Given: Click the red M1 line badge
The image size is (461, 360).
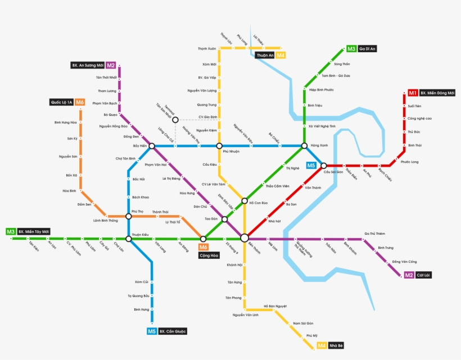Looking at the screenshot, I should tap(413, 93).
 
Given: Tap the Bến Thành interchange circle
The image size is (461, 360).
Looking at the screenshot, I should tap(244, 238).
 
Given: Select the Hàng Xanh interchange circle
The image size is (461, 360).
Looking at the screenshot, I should tap(304, 145).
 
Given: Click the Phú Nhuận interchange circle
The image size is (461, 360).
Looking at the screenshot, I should tap(219, 146).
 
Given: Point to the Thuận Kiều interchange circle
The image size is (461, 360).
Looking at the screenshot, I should tap(129, 239).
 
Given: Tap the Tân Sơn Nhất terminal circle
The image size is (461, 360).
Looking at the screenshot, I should tap(175, 120).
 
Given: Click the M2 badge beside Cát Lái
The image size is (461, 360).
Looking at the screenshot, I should tap(409, 275).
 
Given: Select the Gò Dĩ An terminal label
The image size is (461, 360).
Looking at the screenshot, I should tap(368, 49).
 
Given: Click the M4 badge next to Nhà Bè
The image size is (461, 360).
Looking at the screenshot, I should tap(322, 345).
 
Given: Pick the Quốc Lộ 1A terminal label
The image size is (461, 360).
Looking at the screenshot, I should tap(61, 102).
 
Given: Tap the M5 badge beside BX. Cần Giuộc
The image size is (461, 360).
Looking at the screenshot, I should tap(152, 331).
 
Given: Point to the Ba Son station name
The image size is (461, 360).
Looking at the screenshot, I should tap(291, 204).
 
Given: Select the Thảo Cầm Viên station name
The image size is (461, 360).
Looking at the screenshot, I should tap(277, 186).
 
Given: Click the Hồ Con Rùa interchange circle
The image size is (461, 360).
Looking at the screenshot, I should tap(245, 200).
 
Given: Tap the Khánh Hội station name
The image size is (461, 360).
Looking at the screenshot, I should tap(234, 265).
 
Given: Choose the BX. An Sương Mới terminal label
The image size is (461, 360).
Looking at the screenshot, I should tap(88, 65).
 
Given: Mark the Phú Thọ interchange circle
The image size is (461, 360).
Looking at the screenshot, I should tap(129, 216).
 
